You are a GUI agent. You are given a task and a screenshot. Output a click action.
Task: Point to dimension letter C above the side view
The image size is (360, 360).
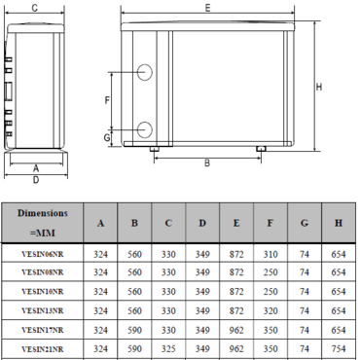(35, 8)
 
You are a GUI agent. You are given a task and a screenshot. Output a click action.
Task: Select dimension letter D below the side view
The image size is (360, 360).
(35, 179)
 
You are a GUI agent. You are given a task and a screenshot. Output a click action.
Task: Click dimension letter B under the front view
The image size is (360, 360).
(206, 163)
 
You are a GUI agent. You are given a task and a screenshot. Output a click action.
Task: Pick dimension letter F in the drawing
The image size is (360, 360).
(107, 100)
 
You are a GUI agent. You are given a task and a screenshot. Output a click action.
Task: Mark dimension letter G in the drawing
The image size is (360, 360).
(107, 137)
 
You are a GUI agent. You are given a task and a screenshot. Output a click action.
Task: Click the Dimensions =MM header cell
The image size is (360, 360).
(43, 224)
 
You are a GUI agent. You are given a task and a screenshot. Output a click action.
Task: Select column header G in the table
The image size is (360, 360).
(304, 224)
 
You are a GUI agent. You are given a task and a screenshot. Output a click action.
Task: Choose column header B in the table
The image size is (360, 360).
(134, 224)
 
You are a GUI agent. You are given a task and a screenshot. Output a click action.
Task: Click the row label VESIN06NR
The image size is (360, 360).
(43, 255)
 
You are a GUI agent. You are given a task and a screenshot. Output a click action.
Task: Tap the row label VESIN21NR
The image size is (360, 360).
(43, 348)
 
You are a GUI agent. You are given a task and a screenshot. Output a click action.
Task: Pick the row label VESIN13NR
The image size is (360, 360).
(43, 311)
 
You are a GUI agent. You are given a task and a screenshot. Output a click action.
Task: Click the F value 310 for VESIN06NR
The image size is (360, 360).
(270, 255)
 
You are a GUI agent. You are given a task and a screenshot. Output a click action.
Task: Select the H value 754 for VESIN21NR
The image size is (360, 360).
(338, 348)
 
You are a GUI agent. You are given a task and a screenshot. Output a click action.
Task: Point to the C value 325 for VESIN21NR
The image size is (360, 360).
(168, 348)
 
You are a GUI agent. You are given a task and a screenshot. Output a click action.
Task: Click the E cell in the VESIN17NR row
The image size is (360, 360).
(236, 330)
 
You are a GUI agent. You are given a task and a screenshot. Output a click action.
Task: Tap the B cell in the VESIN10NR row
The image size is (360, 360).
(134, 292)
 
